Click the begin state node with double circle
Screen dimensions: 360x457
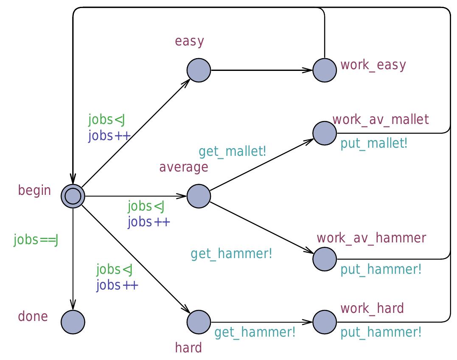73,196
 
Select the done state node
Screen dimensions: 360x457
73,322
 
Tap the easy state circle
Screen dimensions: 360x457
199,70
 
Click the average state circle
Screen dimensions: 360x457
199,196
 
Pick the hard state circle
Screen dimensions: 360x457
199,322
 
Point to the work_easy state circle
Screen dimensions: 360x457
325,70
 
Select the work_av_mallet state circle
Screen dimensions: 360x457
325,133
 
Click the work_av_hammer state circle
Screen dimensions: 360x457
325,259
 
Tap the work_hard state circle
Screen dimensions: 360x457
325,322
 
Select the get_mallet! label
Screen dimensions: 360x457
233,151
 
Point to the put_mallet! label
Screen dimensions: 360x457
374,143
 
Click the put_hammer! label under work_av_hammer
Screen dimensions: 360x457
381,269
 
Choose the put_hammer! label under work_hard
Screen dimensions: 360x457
381,332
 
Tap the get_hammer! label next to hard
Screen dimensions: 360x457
255,332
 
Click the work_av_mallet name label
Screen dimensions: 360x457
381,119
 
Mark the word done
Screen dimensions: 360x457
33,317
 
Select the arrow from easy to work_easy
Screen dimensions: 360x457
261,70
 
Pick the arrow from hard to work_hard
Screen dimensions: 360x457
261,322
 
